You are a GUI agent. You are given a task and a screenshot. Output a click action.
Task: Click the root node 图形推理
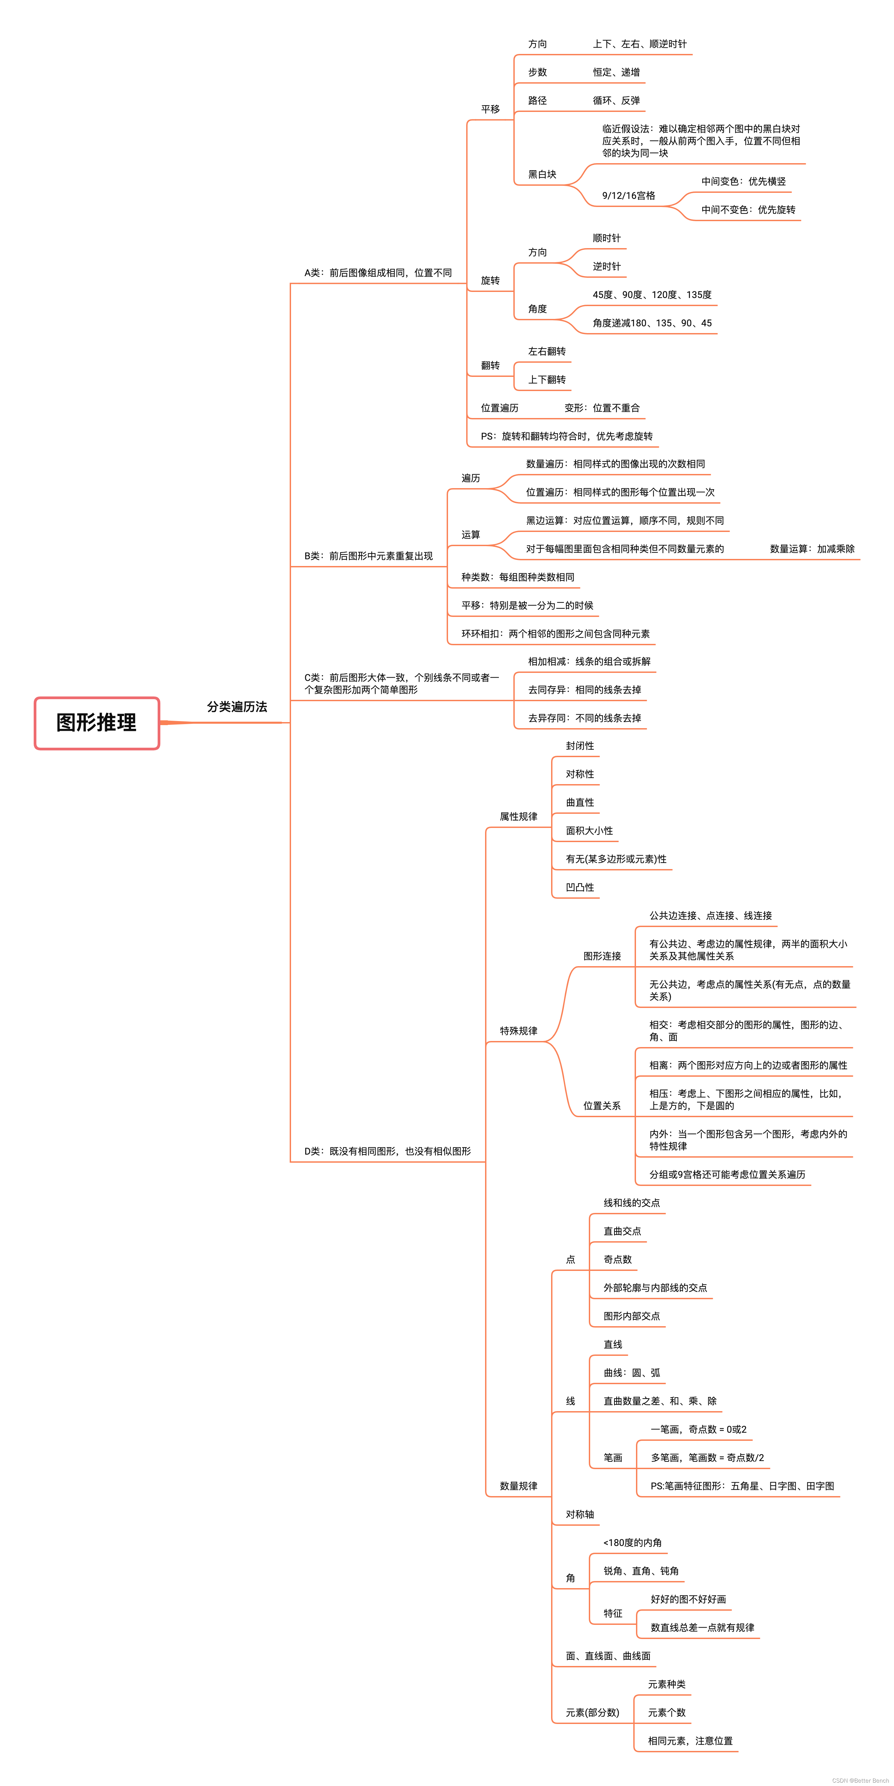(96, 722)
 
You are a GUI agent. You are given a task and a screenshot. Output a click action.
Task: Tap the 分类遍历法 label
(237, 707)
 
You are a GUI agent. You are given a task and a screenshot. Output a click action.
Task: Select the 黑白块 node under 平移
(542, 174)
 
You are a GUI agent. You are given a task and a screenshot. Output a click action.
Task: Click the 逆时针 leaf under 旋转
(606, 266)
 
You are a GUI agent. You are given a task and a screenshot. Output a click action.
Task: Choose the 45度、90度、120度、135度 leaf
(651, 295)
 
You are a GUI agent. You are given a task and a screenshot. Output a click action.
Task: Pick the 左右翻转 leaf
(547, 352)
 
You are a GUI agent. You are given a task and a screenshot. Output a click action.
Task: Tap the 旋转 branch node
(490, 280)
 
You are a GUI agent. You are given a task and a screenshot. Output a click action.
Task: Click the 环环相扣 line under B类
(555, 634)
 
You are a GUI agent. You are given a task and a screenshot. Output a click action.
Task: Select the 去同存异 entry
(584, 690)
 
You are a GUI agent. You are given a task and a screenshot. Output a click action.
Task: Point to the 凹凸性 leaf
(579, 888)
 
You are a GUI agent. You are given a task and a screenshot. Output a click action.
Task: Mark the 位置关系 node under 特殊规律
(602, 1106)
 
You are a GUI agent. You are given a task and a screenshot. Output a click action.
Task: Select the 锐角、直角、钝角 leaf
(640, 1571)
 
